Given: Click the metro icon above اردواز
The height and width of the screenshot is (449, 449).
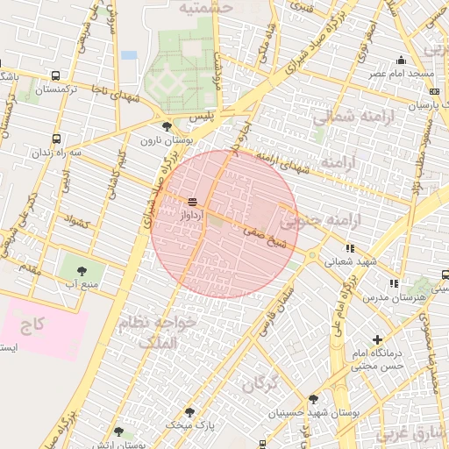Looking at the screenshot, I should (192, 202).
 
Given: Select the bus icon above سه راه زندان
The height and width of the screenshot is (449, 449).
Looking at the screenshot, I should (57, 139).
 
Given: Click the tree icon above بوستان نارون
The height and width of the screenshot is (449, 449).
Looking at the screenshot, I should (167, 127).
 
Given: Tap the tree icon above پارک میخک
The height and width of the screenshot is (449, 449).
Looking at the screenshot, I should (189, 411).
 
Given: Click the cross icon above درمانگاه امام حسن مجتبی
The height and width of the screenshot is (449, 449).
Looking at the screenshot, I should (378, 339).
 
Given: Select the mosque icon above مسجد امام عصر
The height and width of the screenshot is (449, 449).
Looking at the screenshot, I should (402, 61).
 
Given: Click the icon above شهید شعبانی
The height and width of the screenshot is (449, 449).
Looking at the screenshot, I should (351, 248).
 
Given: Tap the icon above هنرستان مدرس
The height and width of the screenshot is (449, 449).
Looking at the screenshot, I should (394, 283).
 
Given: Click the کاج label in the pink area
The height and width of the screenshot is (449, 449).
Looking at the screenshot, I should (32, 326).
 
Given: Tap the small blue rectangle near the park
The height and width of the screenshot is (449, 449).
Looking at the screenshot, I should (130, 55).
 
